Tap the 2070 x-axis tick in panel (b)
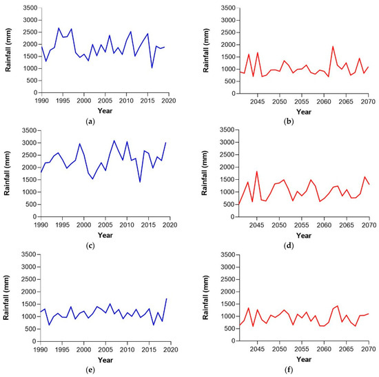(370, 101)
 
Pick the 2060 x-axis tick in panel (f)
(325, 351)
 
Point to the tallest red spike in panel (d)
(257, 172)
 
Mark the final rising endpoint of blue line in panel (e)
(166, 298)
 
